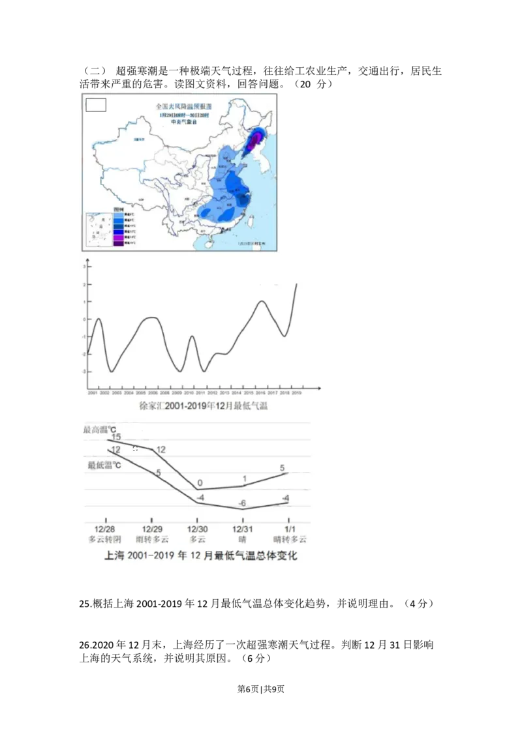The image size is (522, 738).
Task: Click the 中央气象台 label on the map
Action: (x=183, y=121)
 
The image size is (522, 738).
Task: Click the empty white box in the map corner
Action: (x=96, y=104)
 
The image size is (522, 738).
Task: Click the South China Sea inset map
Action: (x=97, y=231)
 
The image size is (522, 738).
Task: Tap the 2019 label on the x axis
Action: (x=296, y=394)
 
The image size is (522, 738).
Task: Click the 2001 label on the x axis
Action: (x=92, y=394)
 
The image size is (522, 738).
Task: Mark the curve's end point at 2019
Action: (x=297, y=284)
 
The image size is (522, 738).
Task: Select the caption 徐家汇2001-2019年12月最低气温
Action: (x=204, y=406)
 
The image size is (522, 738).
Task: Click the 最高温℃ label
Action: (x=100, y=430)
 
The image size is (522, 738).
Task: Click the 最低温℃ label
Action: (x=104, y=465)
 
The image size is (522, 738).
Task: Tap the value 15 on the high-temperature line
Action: (x=115, y=437)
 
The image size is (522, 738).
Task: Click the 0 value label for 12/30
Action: (x=200, y=482)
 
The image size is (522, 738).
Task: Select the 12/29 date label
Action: (x=151, y=528)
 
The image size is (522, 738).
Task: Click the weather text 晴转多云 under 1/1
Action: (x=290, y=539)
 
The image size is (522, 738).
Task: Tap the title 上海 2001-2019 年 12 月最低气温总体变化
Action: (x=201, y=556)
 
